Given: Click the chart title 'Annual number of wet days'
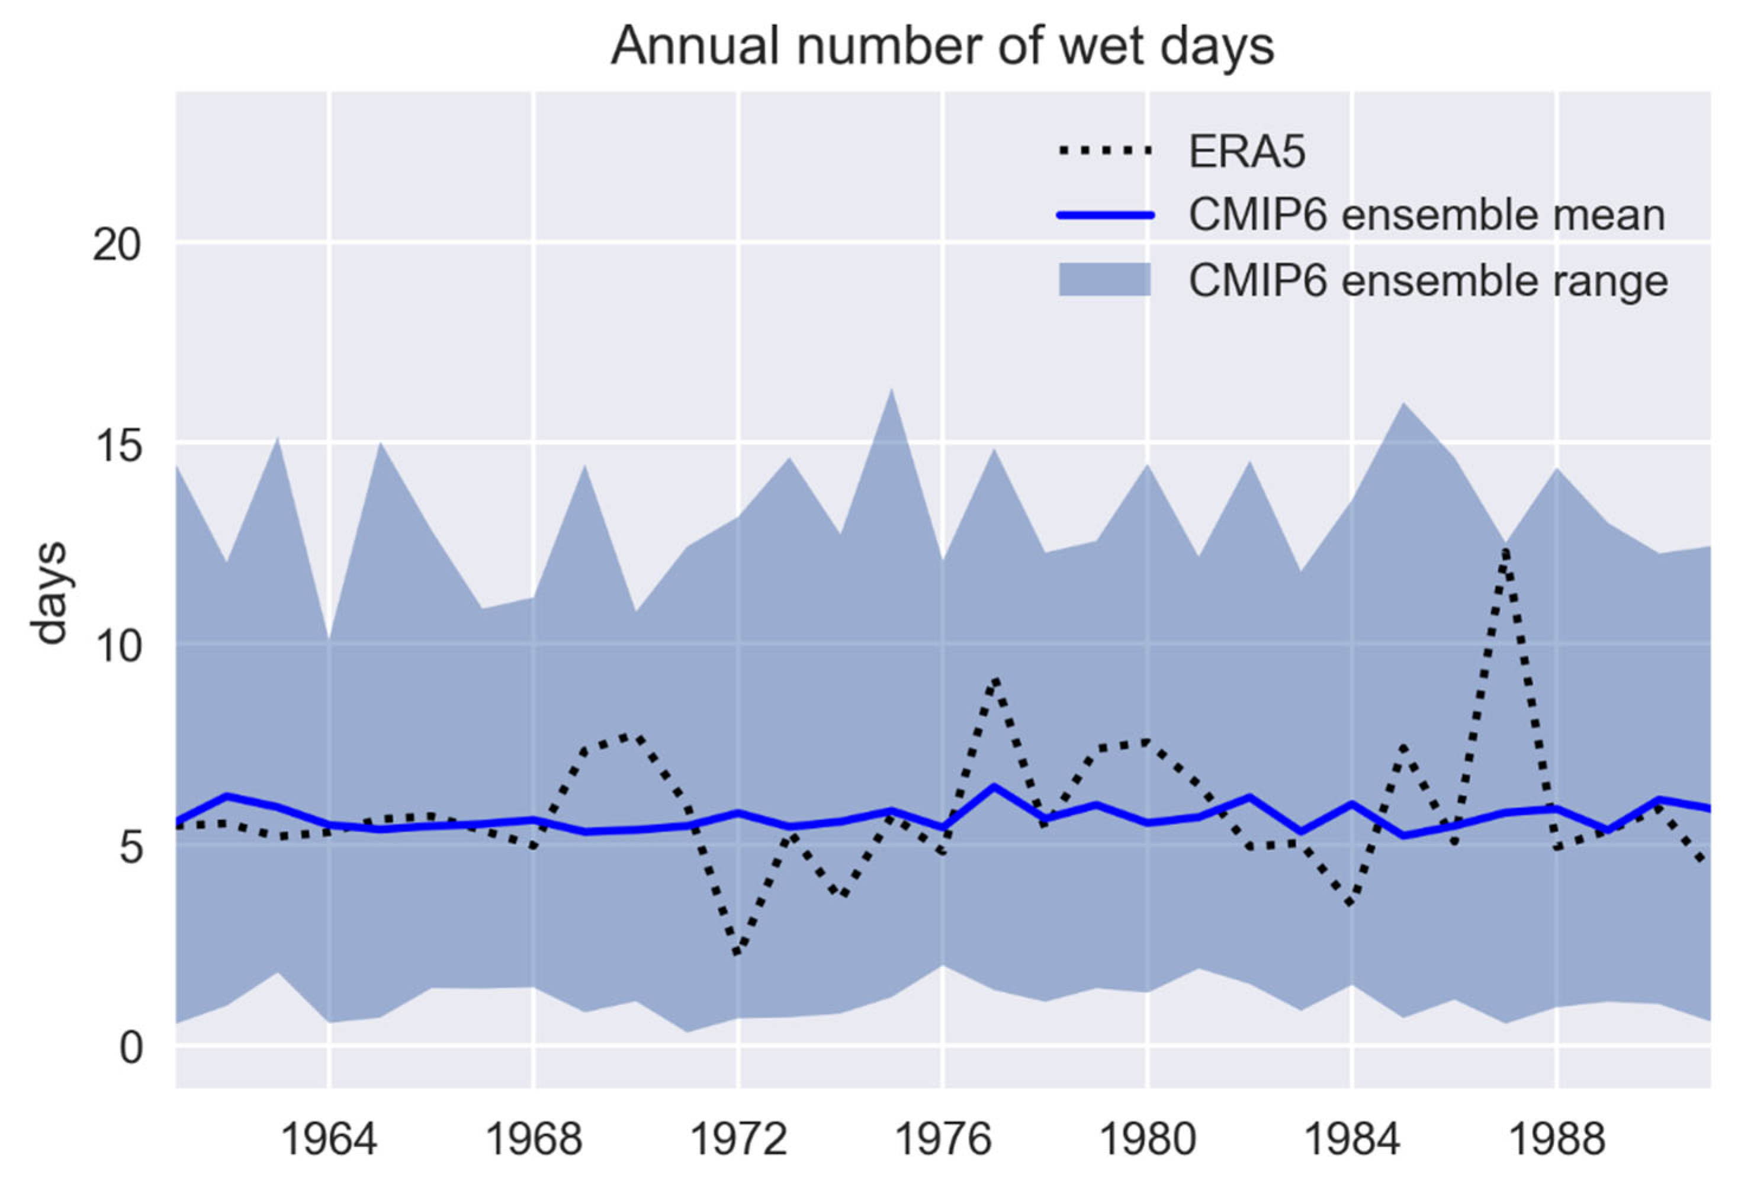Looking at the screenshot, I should pos(942,46).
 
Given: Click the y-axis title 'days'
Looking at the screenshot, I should pos(51,593).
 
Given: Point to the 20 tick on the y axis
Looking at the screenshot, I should pos(117,245).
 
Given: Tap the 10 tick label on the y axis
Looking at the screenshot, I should pos(117,646).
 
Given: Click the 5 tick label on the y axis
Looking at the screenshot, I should pos(130,847).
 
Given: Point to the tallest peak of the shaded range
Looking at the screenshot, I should pos(891,389).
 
